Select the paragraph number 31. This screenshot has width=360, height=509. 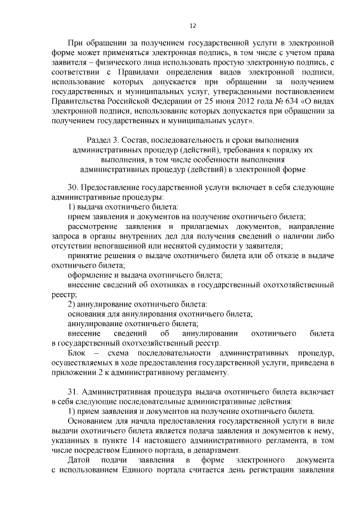[74, 390]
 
